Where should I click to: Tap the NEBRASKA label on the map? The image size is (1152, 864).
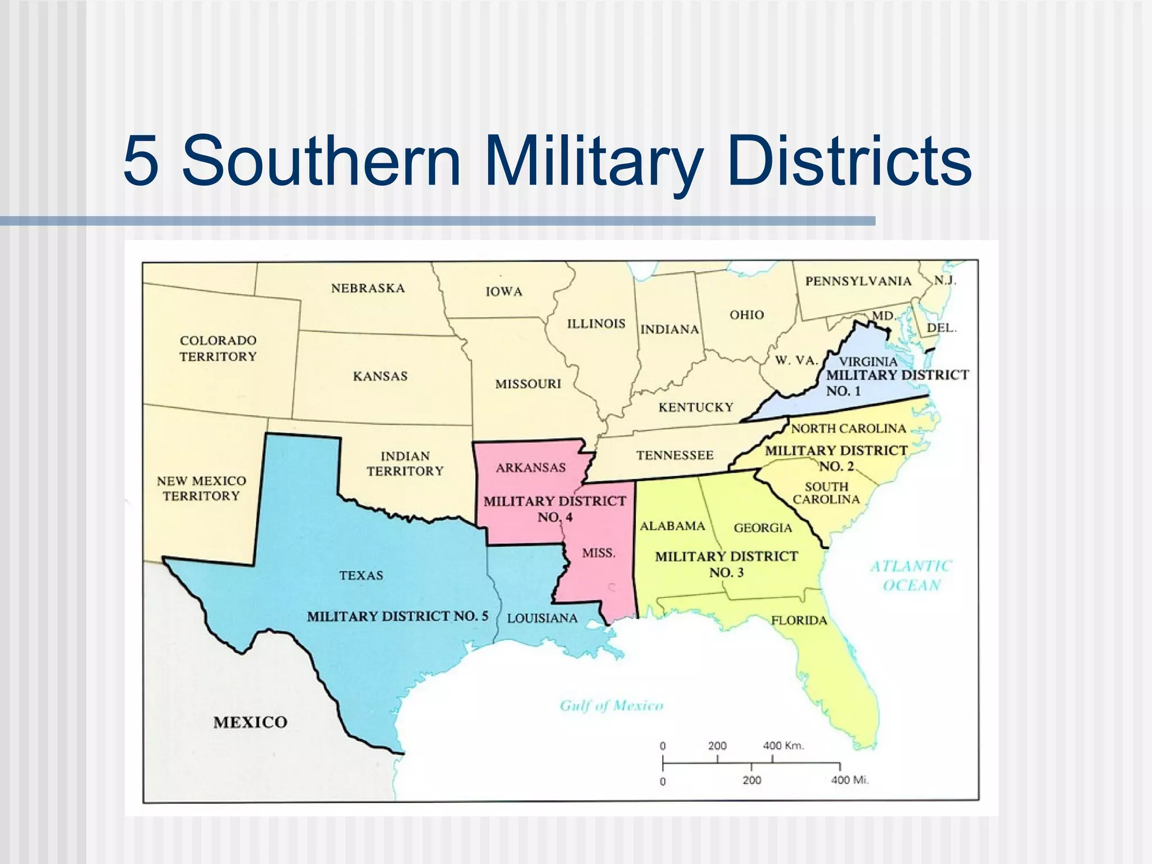[368, 288]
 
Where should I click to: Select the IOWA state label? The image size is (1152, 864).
[504, 291]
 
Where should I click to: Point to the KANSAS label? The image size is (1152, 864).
[380, 376]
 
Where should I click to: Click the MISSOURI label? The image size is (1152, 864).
[528, 384]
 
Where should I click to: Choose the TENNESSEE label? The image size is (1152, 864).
[675, 455]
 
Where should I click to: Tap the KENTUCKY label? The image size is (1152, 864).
[696, 407]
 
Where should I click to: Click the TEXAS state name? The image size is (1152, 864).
[361, 575]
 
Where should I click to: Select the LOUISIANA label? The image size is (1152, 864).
[542, 618]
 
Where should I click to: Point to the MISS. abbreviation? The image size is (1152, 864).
[598, 553]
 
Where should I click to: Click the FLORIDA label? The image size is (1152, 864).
[799, 620]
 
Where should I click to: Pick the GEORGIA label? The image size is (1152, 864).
[763, 528]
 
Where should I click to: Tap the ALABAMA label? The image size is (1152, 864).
[672, 526]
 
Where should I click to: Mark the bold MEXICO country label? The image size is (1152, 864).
[250, 722]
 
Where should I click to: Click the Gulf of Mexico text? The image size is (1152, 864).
[611, 705]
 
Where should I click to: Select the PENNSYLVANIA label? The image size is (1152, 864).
[858, 281]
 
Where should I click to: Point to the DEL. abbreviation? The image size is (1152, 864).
[942, 327]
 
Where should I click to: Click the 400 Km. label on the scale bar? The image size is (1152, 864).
[784, 746]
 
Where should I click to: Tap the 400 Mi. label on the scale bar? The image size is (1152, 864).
[849, 780]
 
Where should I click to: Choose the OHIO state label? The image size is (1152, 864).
[747, 314]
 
